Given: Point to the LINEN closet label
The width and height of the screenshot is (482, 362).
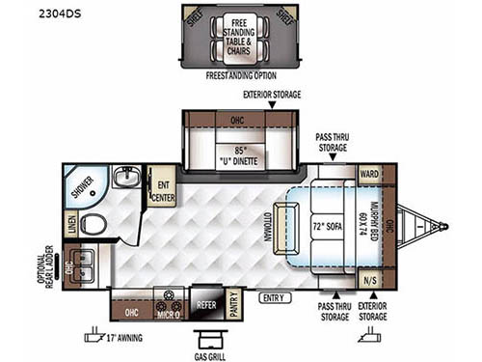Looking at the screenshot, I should pos(73,223).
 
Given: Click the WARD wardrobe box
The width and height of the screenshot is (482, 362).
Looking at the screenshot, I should pos(369,175).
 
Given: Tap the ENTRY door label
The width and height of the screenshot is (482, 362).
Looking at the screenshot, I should pos(273,298).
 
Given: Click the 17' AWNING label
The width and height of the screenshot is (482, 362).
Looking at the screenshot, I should pos(129,336).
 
